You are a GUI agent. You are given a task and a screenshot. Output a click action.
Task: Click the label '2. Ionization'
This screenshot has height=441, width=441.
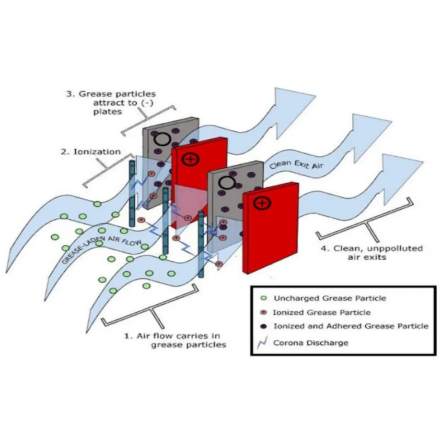point(91,152)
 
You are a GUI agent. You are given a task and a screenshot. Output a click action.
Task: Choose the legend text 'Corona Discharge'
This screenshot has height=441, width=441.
point(311,342)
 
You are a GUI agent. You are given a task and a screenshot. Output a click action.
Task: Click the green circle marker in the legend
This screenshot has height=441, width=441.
point(264,299)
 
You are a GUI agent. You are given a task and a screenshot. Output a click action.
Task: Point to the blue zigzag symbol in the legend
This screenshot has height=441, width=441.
point(264,342)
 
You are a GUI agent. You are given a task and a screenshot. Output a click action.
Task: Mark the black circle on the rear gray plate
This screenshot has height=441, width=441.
point(163,138)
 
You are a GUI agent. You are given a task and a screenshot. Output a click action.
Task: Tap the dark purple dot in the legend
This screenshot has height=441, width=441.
point(264,326)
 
